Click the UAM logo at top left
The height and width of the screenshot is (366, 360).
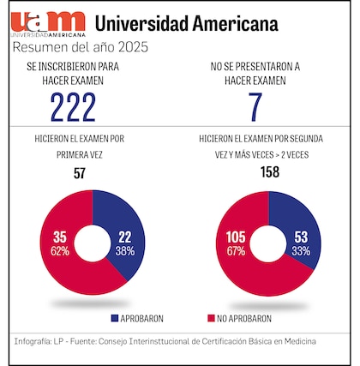(49, 23)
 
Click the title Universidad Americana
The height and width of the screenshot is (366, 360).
(186, 22)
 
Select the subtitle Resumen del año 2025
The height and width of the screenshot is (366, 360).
(81, 47)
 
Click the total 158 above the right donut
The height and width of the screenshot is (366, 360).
(270, 175)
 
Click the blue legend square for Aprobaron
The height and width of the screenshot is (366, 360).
(116, 318)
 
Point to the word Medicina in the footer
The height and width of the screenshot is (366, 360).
(297, 341)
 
